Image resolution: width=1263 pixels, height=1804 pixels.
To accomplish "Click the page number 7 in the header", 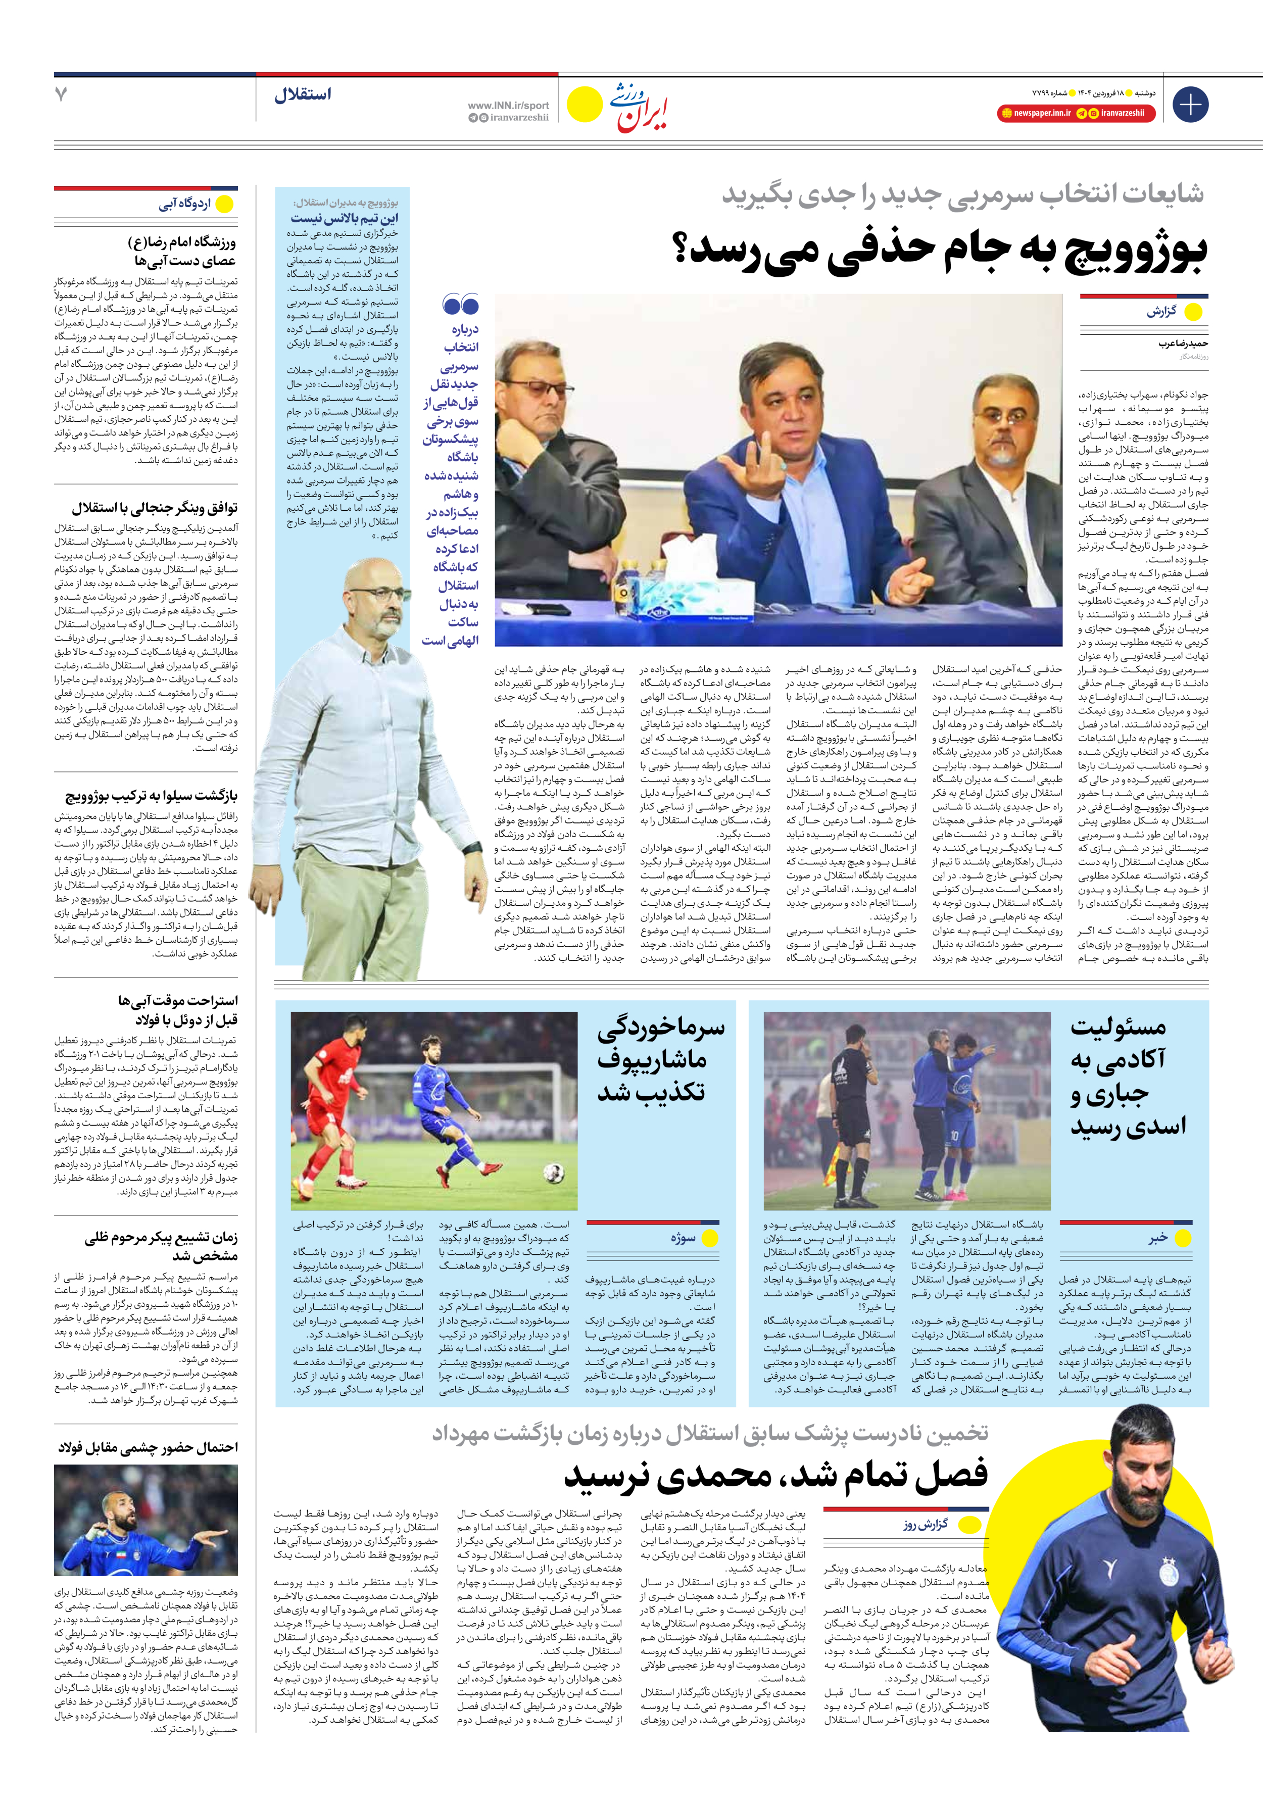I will click(61, 94).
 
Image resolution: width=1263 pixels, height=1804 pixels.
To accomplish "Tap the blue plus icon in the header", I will click(1190, 105).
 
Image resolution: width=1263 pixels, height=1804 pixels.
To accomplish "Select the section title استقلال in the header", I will click(303, 95).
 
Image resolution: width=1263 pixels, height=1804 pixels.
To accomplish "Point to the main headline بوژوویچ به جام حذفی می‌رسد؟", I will click(939, 250).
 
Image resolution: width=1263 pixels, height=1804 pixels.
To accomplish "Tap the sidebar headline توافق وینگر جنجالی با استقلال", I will click(155, 508).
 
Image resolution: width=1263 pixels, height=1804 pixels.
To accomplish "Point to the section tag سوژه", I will click(683, 1238).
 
